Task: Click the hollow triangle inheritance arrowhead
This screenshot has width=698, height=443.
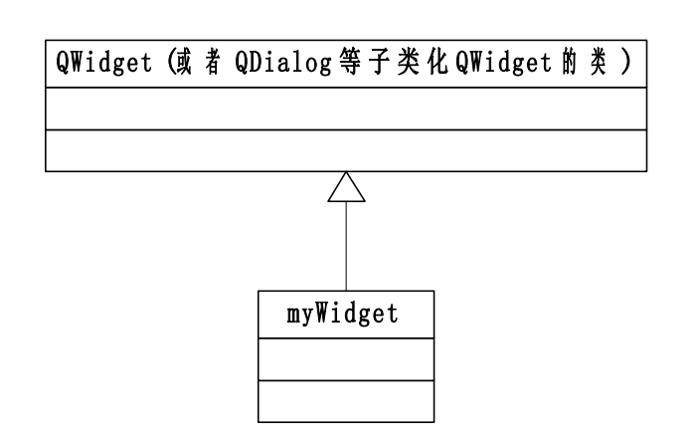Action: tap(346, 187)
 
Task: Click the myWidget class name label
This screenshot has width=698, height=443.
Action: tap(346, 315)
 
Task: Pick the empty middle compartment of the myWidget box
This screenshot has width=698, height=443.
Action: tap(346, 358)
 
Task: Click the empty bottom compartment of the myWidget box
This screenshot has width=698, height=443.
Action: tap(346, 401)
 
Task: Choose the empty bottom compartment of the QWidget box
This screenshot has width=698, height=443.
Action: tap(346, 150)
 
